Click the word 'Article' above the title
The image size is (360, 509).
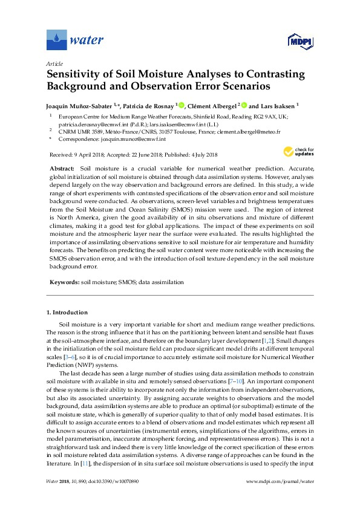coord(54,63)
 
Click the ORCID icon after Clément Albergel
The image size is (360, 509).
coord(245,104)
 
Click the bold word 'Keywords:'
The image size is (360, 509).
coord(64,282)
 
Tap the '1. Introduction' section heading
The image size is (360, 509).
coord(67,313)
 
